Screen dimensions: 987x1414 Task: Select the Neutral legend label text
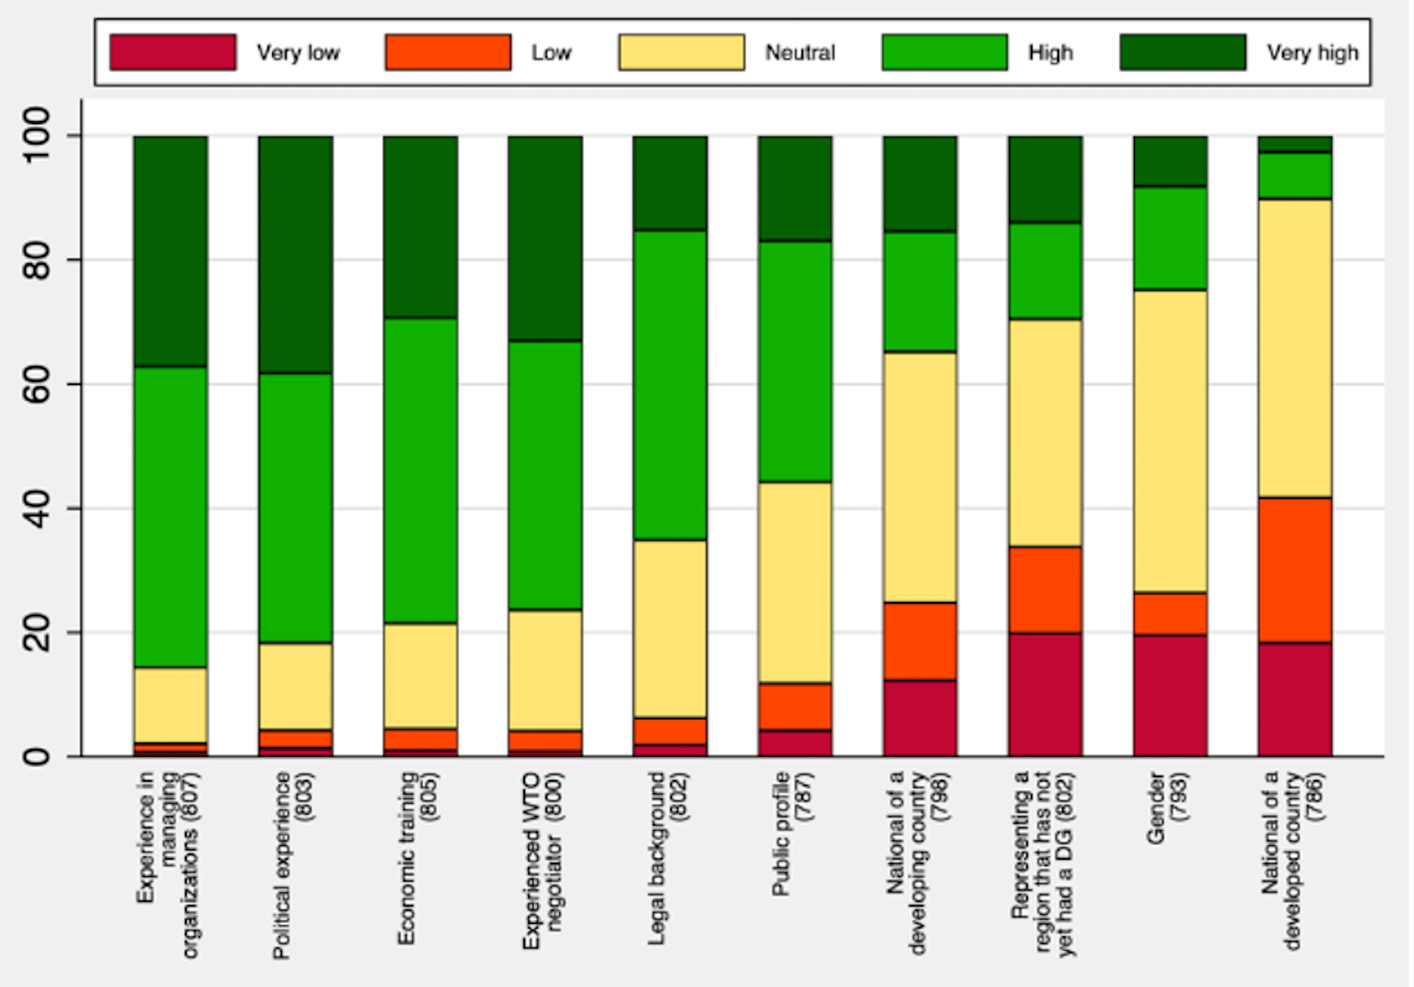pyautogui.click(x=800, y=53)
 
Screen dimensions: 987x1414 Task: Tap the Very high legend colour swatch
pyautogui.click(x=1182, y=53)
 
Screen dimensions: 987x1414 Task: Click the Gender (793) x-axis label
pyautogui.click(x=1167, y=807)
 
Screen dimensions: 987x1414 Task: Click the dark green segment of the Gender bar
pyautogui.click(x=1170, y=161)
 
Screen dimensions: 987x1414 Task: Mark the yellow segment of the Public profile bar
pyautogui.click(x=794, y=582)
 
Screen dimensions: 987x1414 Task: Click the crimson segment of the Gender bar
pyautogui.click(x=1170, y=695)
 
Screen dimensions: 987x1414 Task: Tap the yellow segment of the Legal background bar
pyautogui.click(x=670, y=629)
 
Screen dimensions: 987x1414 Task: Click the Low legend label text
pyautogui.click(x=551, y=53)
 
